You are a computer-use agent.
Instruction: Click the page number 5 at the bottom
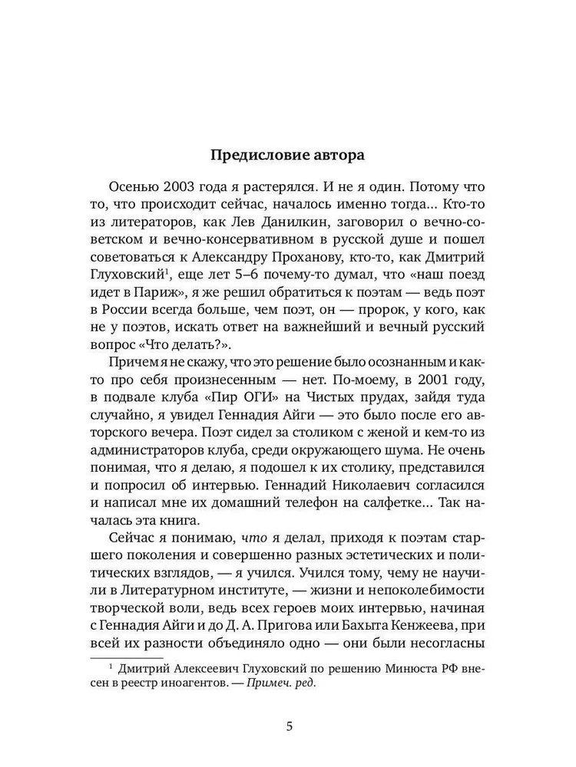tap(288, 726)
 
